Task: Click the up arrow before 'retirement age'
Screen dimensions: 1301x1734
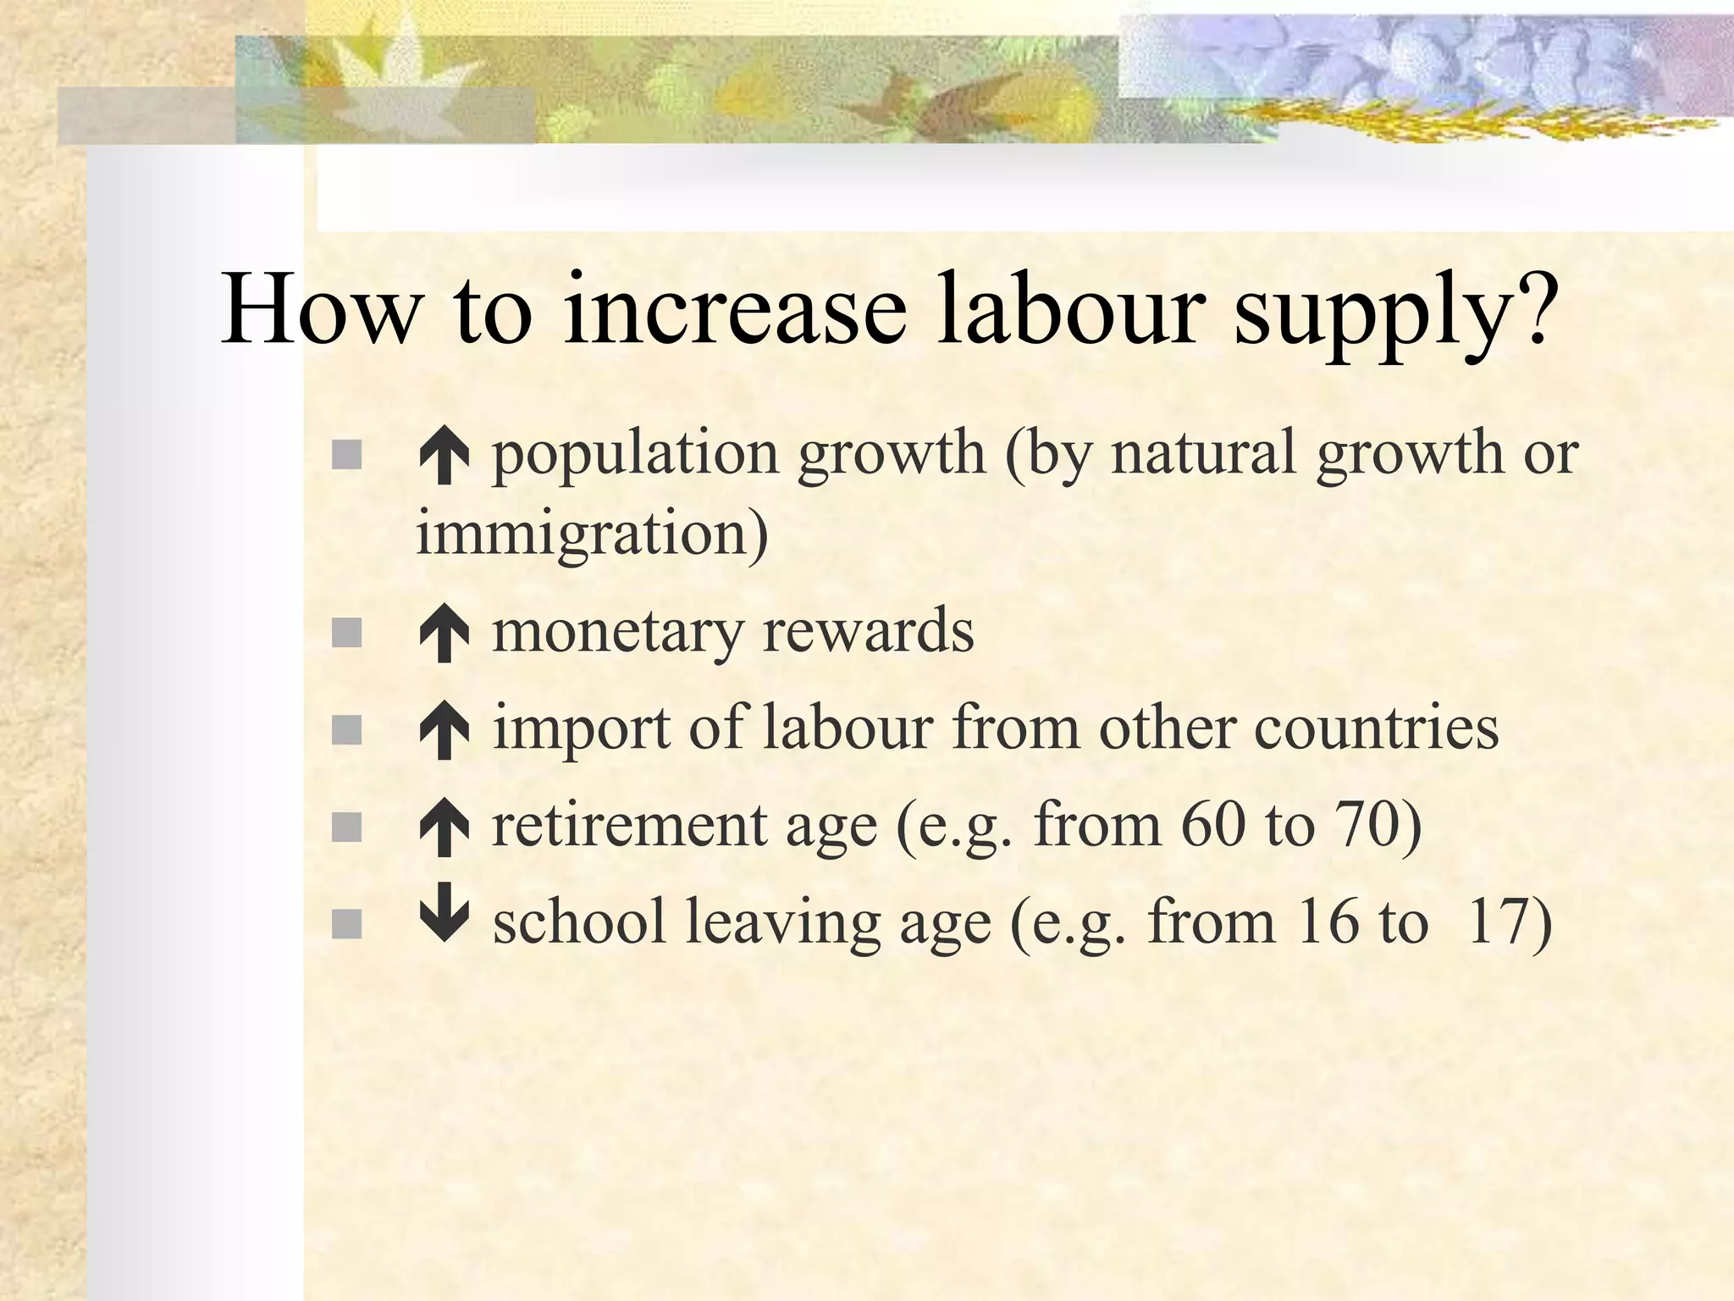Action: pos(444,828)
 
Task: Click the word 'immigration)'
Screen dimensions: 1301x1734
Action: pos(593,534)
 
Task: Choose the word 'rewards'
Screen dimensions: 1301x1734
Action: pos(869,631)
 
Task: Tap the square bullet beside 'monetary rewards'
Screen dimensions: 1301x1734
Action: pos(346,633)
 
